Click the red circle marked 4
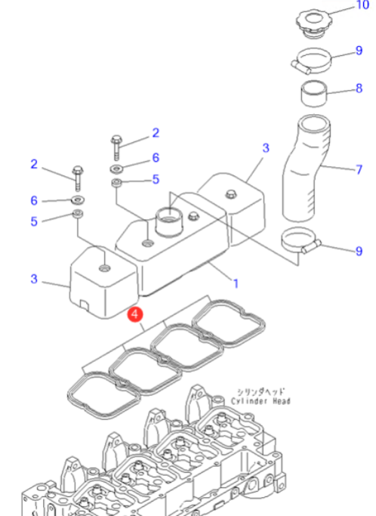point(135,314)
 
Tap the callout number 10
point(363,5)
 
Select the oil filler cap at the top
point(314,23)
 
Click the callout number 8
point(359,88)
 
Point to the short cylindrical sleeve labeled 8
point(314,94)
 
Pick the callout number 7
point(359,170)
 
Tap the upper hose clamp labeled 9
point(311,61)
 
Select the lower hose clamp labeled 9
point(300,242)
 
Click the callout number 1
point(236,283)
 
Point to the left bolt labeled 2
point(78,178)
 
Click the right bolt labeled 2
point(116,147)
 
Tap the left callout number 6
point(34,200)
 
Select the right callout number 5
point(156,179)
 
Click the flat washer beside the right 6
point(116,168)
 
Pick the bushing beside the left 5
point(78,213)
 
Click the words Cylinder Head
point(260,401)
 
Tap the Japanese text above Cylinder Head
point(261,392)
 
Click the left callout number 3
point(34,279)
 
